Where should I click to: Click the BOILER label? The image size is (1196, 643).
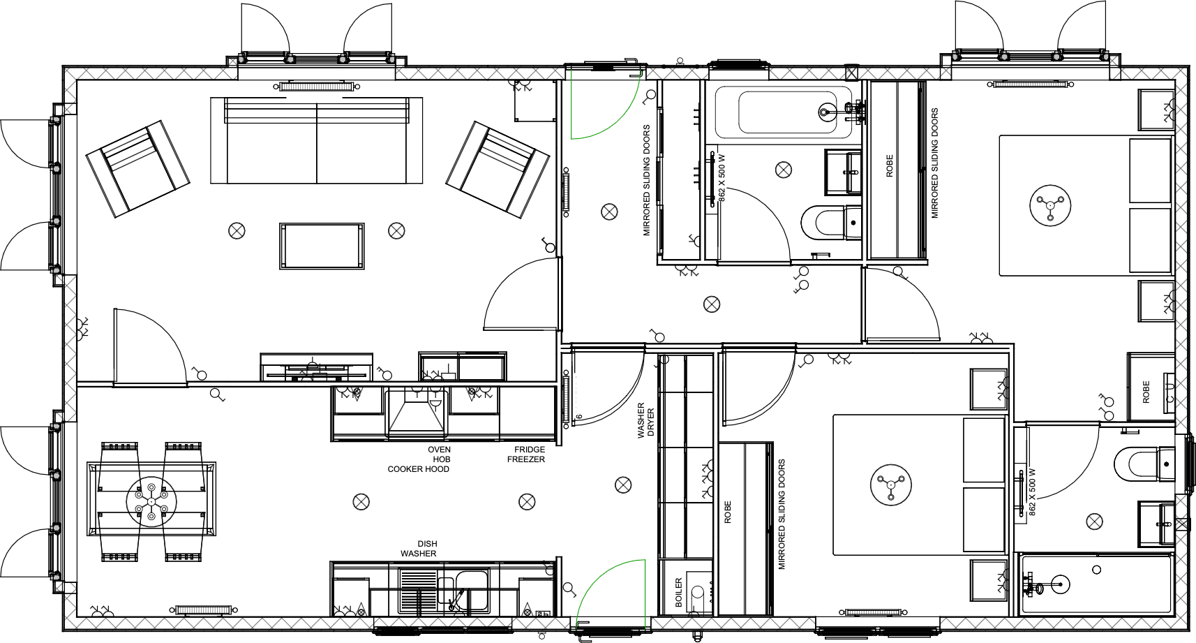pos(679,592)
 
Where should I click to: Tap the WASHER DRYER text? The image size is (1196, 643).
pos(645,420)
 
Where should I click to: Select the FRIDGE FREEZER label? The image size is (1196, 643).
pos(527,454)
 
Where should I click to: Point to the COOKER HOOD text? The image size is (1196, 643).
pos(419,469)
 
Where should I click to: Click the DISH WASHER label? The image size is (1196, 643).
pos(419,549)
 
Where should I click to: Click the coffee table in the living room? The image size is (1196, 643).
pos(322,246)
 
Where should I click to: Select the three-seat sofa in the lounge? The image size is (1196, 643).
pos(316,141)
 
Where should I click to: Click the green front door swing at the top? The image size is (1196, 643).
pos(604,105)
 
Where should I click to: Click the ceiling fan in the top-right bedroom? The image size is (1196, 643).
pos(1050,205)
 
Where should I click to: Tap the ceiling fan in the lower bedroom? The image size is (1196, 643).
pos(891,484)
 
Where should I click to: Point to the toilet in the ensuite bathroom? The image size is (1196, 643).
pos(1137,464)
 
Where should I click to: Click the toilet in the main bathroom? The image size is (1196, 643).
pos(827,222)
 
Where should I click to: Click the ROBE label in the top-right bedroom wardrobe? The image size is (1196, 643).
pos(889,165)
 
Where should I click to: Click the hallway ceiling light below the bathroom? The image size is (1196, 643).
pos(712,304)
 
